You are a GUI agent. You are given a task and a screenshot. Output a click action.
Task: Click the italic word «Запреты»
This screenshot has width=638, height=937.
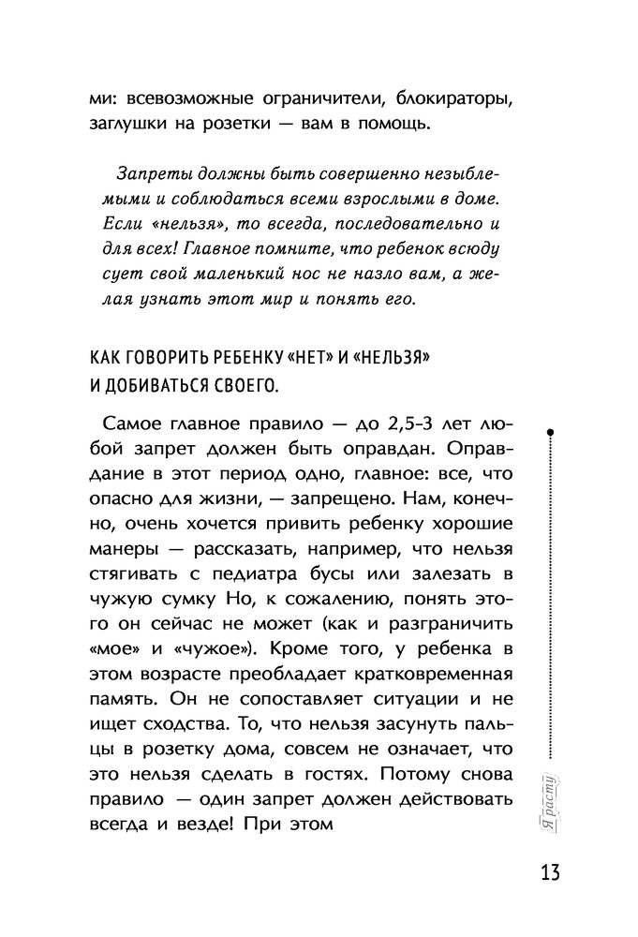[x=152, y=173]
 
